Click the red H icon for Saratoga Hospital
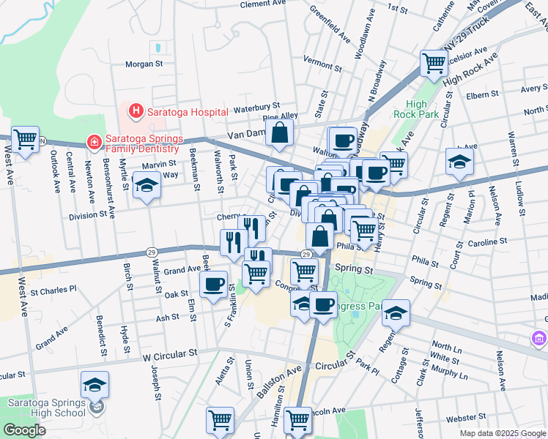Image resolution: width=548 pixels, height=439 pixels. (x=135, y=111)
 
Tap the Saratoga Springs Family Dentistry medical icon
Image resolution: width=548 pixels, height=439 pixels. (x=93, y=140)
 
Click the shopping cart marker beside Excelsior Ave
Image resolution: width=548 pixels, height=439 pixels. (x=434, y=64)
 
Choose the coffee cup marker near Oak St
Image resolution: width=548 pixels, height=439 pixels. (x=213, y=284)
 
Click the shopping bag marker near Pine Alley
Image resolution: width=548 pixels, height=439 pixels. (x=280, y=133)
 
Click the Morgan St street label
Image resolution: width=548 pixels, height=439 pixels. (x=144, y=64)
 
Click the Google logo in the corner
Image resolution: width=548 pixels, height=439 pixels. (x=24, y=430)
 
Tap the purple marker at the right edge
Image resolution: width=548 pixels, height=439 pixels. (x=539, y=339)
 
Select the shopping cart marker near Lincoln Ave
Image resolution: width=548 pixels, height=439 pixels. (x=297, y=420)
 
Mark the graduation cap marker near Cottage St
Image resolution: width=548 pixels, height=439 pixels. (x=396, y=312)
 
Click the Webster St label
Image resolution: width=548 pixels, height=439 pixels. (x=462, y=418)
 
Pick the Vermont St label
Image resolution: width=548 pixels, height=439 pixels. (x=322, y=64)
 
